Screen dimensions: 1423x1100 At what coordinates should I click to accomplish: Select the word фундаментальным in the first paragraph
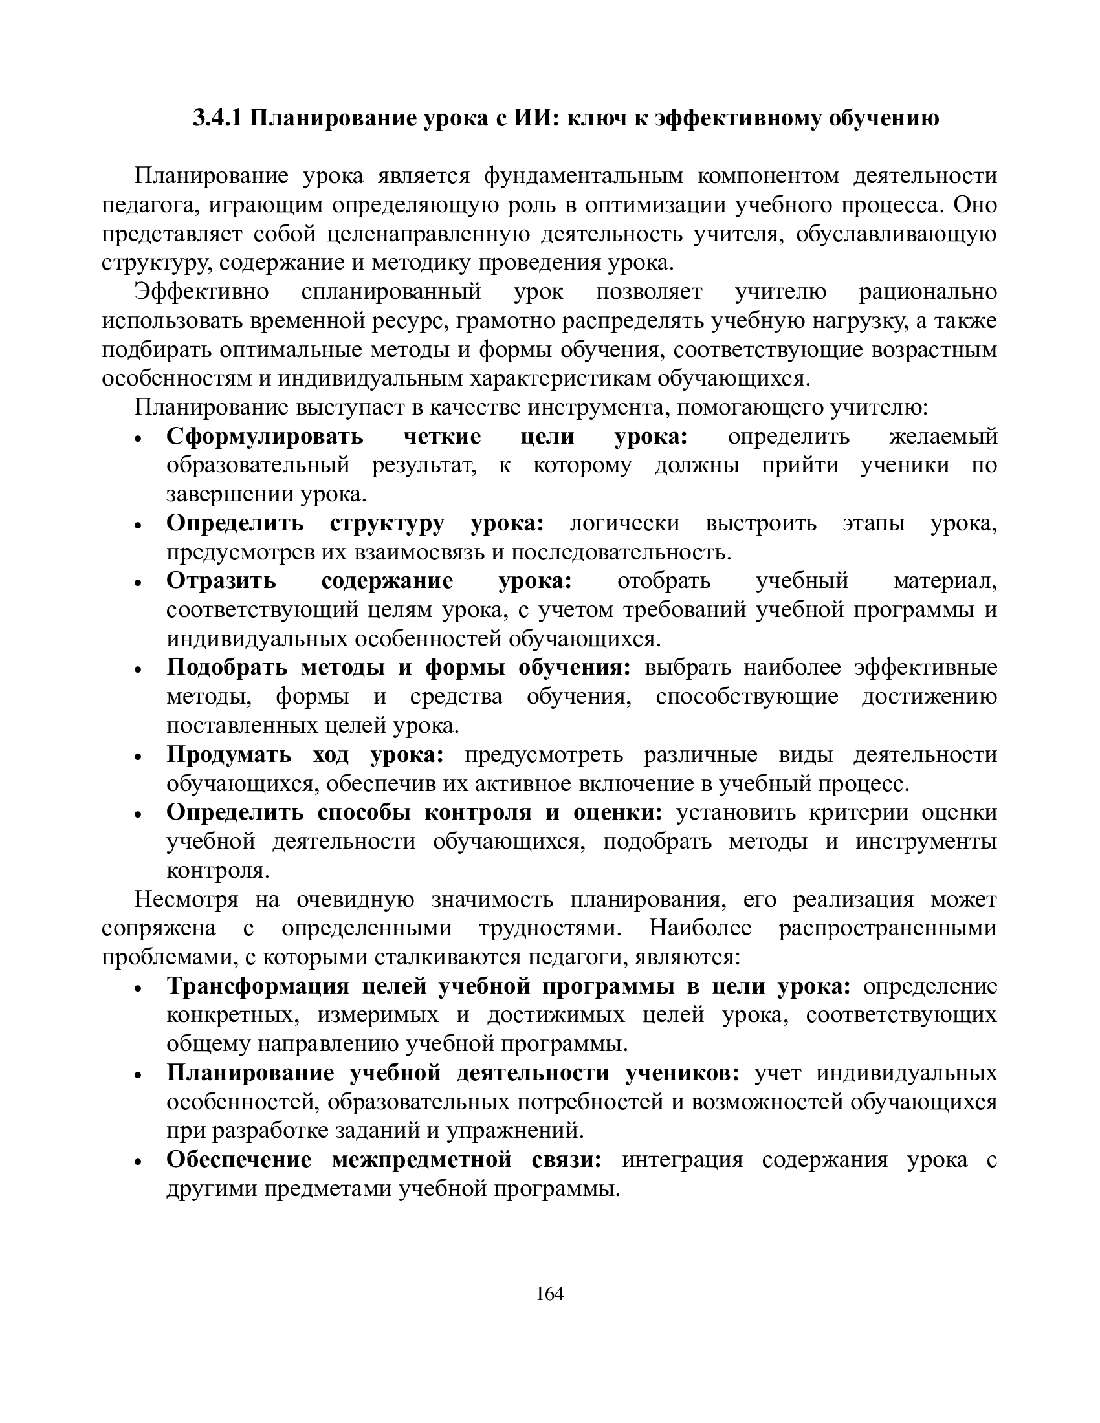584,176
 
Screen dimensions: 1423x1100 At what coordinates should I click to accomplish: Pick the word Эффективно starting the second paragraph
201,292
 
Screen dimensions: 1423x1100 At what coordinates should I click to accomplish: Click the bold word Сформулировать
265,437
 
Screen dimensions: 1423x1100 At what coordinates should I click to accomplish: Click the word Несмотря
186,900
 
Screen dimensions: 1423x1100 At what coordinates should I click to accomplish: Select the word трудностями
547,928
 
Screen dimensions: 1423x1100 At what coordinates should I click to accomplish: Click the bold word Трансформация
258,986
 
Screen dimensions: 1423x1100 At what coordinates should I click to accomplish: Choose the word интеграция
681,1160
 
